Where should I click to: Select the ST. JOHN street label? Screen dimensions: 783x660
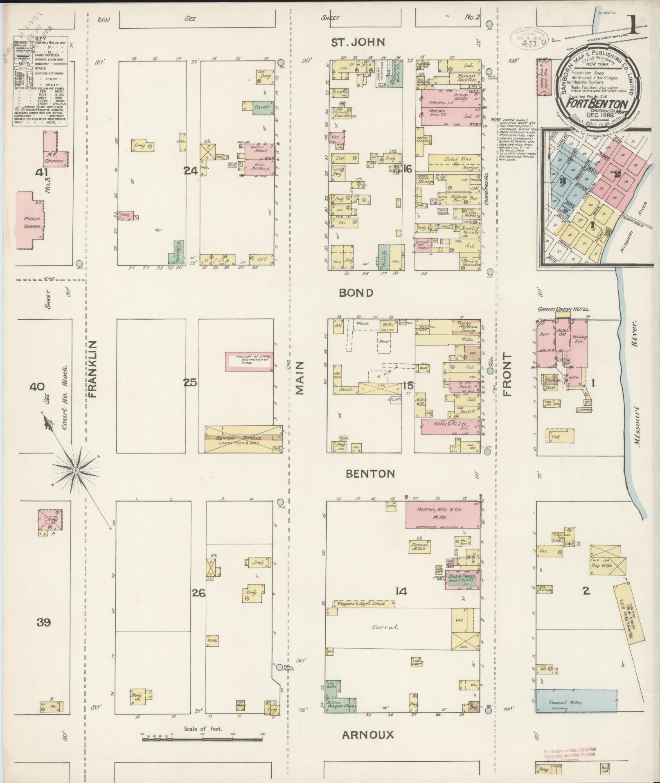pyautogui.click(x=358, y=42)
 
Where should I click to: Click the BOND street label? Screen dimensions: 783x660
pyautogui.click(x=356, y=293)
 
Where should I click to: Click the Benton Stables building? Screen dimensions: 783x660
pyautogui.click(x=244, y=439)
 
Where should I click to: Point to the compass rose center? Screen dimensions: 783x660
pyautogui.click(x=76, y=471)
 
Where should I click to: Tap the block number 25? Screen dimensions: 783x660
pyautogui.click(x=190, y=383)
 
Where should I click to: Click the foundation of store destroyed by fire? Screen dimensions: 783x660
pyautogui.click(x=249, y=361)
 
